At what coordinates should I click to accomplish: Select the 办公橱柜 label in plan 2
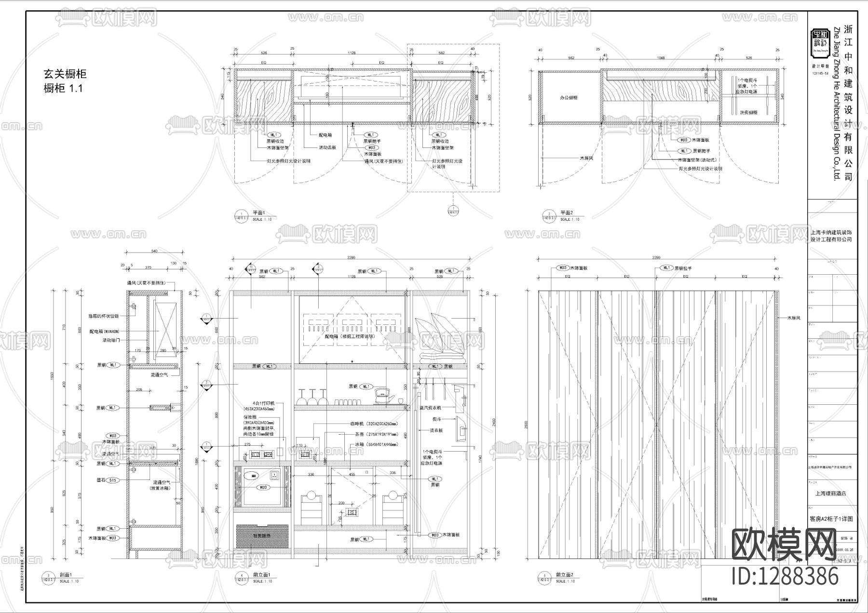tap(569, 98)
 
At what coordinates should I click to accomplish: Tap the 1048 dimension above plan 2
tap(661, 58)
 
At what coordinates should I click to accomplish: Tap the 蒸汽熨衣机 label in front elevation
tap(430, 408)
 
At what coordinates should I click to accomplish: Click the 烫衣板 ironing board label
tap(437, 430)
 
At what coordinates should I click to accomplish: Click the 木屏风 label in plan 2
tap(586, 158)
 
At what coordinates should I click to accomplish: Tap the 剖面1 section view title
tap(66, 575)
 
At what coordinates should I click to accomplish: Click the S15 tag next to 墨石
tap(112, 480)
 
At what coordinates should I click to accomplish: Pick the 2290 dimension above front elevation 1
tap(351, 258)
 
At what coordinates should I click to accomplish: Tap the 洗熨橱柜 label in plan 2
tap(748, 112)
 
